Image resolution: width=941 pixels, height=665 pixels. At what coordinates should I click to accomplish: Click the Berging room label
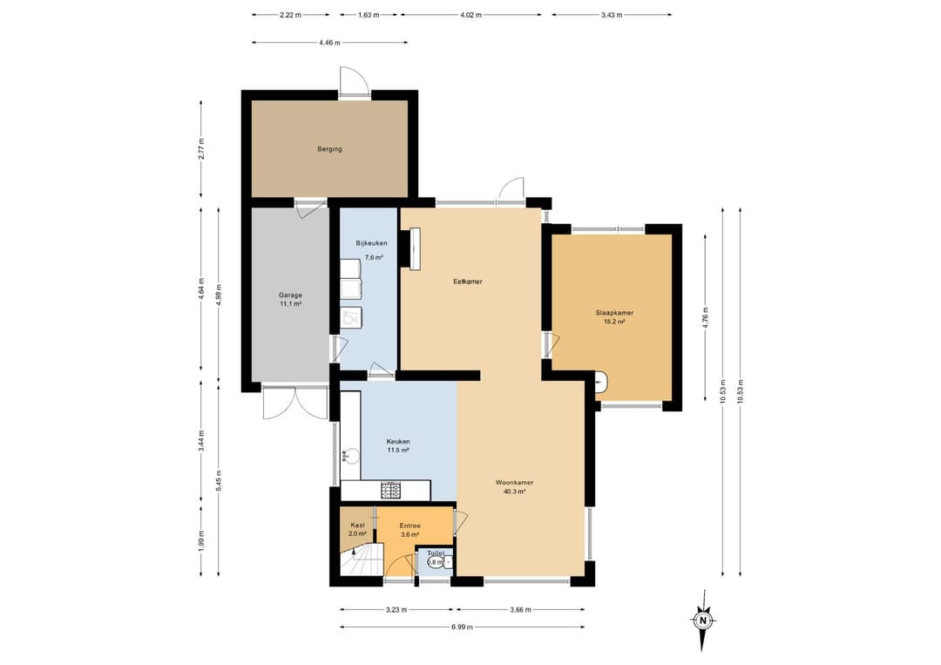329,149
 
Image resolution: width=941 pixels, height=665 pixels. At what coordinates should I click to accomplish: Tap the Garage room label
290,295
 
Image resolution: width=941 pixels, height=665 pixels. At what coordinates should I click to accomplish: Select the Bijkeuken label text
371,243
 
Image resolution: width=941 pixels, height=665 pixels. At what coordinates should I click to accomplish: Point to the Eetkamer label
468,282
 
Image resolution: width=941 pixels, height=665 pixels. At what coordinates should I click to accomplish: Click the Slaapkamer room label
614,313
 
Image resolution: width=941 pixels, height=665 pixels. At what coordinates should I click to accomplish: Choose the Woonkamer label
514,483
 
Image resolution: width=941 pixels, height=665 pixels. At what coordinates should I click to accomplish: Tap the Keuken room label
398,442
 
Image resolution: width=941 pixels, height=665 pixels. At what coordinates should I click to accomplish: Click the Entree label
410,526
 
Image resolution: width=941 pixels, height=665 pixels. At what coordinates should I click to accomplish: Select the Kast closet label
358,526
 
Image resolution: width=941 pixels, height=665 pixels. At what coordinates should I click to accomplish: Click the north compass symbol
702,621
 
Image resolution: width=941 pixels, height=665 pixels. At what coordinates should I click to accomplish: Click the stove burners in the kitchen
390,491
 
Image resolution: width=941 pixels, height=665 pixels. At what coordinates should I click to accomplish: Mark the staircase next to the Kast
362,560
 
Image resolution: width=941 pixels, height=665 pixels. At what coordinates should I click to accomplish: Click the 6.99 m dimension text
462,628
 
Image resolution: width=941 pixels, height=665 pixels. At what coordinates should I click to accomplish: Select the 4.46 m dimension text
329,43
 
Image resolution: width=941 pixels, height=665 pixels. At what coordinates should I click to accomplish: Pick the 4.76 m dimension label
706,316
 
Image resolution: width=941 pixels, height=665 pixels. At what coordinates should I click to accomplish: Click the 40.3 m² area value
514,492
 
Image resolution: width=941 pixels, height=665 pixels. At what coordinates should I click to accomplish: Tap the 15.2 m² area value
614,322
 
